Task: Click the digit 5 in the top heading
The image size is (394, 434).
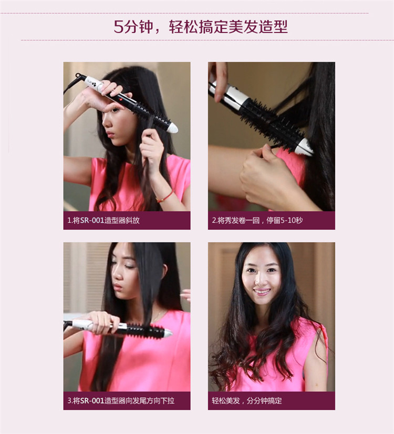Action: coord(118,27)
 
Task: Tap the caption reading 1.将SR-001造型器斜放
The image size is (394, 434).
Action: coord(103,220)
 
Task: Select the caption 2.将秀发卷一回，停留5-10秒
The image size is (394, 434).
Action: coord(257,220)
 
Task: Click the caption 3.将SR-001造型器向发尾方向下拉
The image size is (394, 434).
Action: coord(121,400)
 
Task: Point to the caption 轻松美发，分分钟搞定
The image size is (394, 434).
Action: coord(246,400)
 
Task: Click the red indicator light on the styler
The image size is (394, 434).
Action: coord(121,98)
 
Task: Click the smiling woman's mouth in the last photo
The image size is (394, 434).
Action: coord(262,291)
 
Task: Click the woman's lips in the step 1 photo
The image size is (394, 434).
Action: coord(110,134)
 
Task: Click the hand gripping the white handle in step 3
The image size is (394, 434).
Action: coord(102,322)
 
